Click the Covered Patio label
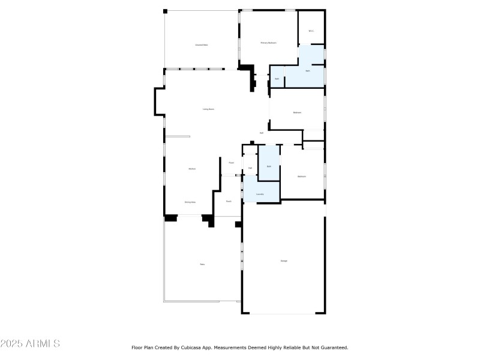201,45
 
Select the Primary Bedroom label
268,43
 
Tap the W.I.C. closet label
311,31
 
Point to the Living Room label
208,109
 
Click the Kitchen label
192,169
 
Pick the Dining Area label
190,202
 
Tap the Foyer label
231,163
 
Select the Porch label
229,202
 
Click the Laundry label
260,194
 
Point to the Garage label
284,260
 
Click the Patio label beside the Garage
202,265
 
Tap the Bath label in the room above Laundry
269,166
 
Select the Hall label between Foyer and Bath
250,168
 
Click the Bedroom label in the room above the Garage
302,176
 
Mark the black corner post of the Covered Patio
166,11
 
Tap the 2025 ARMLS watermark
30,344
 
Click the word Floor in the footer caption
137,347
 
